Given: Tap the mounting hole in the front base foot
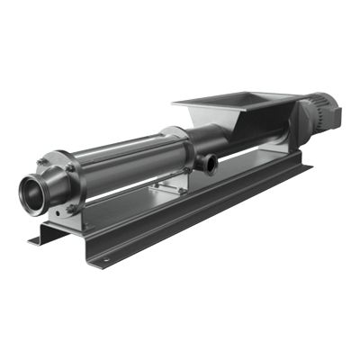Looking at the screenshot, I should pyautogui.click(x=102, y=263).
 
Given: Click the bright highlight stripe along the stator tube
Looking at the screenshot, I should pyautogui.click(x=126, y=153).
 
